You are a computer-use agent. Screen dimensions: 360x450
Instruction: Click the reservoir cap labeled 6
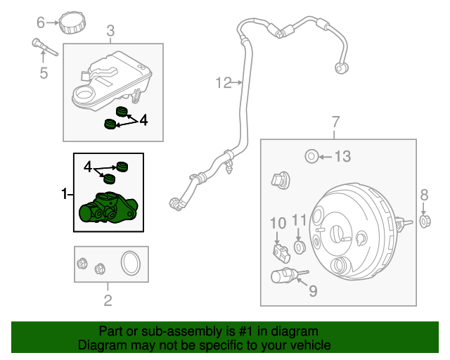[x=72, y=22]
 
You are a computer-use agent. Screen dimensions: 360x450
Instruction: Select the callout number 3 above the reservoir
[x=110, y=30]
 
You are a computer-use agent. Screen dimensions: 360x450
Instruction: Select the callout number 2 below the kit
[x=108, y=302]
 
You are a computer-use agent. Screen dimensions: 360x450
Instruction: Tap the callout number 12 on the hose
[x=223, y=84]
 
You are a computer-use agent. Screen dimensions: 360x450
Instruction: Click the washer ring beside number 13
[x=309, y=156]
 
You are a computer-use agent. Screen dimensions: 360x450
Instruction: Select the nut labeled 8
[x=425, y=222]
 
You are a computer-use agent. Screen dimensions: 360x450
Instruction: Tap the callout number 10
[x=278, y=223]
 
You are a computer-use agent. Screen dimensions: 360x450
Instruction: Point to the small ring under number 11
[x=300, y=247]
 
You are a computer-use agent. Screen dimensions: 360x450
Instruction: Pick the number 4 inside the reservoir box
[x=143, y=120]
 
